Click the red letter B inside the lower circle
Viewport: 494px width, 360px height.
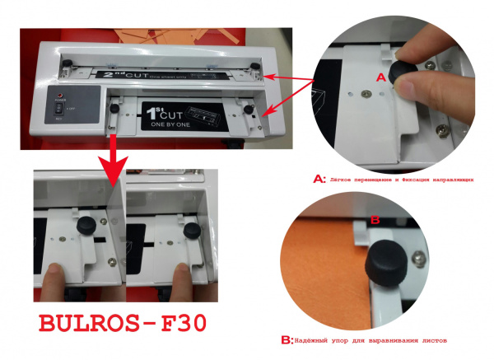(375, 221)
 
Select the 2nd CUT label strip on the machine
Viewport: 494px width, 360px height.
(156, 74)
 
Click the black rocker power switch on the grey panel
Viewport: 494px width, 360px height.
(58, 108)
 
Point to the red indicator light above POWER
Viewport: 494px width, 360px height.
(59, 91)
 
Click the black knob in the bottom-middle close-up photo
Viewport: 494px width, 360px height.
(191, 233)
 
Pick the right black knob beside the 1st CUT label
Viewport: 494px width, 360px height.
(247, 109)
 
